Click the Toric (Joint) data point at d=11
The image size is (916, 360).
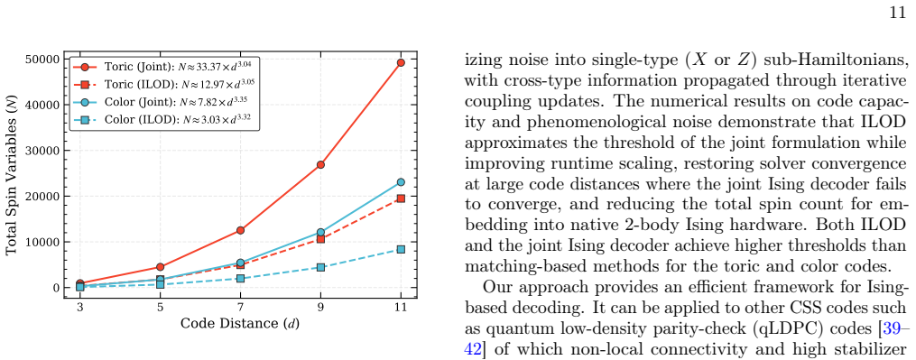(401, 62)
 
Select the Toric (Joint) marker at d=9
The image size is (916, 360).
(320, 165)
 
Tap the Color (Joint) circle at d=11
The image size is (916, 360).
(401, 182)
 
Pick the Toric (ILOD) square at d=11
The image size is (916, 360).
(401, 198)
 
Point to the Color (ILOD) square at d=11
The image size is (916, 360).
(401, 250)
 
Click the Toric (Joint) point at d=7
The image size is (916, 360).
(240, 230)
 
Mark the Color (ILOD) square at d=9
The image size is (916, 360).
(320, 267)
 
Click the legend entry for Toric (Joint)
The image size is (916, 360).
(164, 66)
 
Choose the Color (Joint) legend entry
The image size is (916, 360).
(162, 102)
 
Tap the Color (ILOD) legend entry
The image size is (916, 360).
(162, 120)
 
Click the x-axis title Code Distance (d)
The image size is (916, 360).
(240, 323)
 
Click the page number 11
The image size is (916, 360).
(897, 13)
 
